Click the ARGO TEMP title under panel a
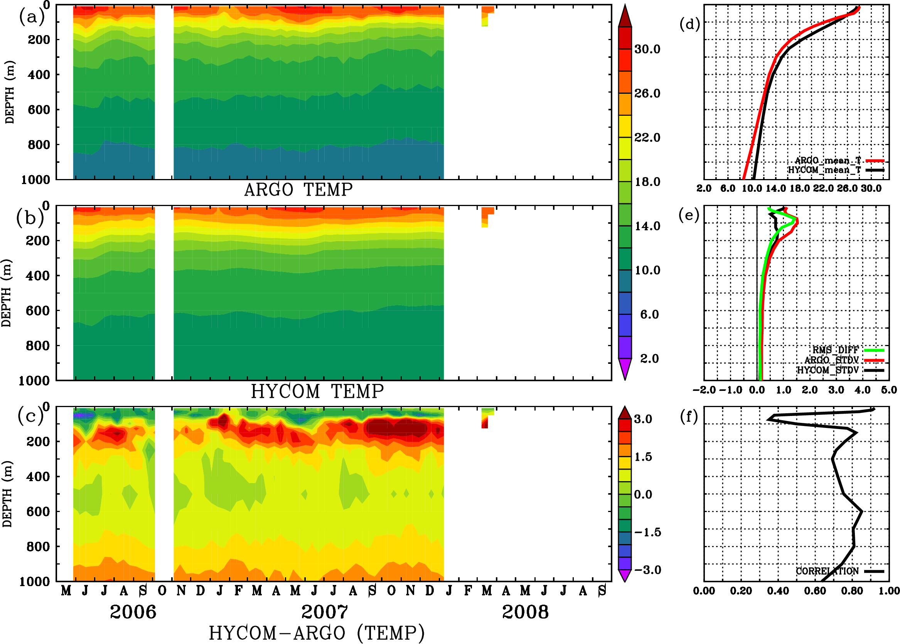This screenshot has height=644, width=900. (298, 189)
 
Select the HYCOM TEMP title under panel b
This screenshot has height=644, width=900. (317, 391)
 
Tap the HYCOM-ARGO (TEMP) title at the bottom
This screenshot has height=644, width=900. (317, 632)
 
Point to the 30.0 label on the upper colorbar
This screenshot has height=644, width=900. (647, 49)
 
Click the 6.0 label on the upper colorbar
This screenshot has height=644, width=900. (649, 314)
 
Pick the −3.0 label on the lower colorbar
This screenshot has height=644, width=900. (647, 570)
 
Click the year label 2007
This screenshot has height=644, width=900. (325, 612)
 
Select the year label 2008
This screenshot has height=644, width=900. (525, 612)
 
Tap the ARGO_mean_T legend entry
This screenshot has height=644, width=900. (828, 161)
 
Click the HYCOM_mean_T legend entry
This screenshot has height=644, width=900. (824, 170)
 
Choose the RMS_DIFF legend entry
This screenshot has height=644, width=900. (835, 350)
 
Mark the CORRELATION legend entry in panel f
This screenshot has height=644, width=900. (827, 571)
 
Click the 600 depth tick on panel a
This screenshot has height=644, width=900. (39, 110)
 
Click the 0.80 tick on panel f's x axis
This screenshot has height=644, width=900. (852, 591)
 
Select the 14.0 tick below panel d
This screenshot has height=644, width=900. (775, 188)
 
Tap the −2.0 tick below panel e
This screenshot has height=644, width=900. (704, 390)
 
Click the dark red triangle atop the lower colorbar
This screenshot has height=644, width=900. (625, 412)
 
